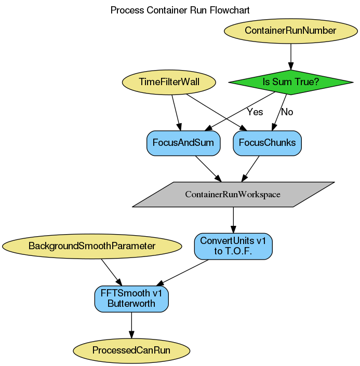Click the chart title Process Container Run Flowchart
(180, 10)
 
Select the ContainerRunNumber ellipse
(290, 31)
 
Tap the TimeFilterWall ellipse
(169, 82)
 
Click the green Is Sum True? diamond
(290, 82)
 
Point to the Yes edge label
(255, 112)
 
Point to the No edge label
(287, 112)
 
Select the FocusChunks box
(267, 143)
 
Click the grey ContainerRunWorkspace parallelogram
(233, 195)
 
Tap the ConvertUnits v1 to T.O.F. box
(233, 246)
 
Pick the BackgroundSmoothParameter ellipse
(92, 246)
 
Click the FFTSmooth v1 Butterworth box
(131, 299)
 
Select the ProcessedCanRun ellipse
(131, 350)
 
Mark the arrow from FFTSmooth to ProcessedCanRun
(131, 324)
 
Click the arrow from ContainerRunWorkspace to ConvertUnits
(233, 220)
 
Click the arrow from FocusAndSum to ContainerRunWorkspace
(208, 168)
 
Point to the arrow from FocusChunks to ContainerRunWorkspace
(251, 168)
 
